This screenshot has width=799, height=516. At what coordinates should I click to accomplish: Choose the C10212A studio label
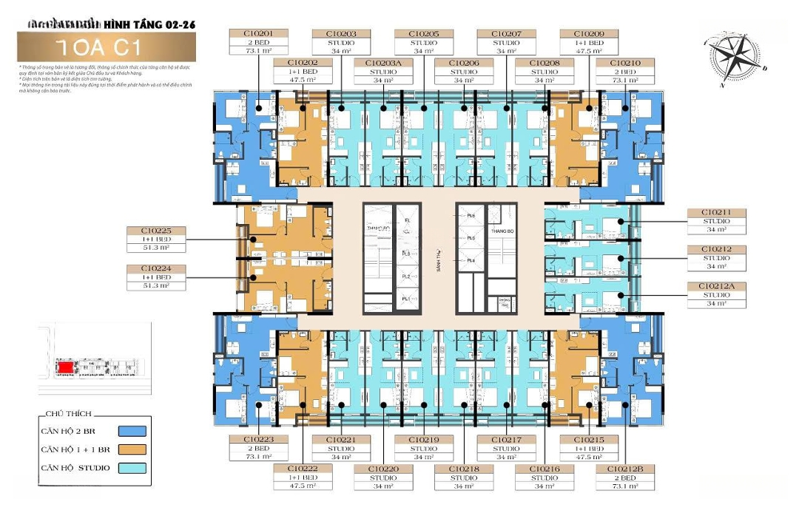pos(716,294)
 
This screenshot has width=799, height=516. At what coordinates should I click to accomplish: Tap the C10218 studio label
pos(464,477)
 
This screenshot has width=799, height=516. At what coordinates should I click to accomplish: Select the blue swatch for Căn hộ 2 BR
pos(132,432)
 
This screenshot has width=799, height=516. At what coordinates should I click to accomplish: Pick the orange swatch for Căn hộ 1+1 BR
pos(132,449)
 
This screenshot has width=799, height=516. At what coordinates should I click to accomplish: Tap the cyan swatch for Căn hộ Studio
pos(132,468)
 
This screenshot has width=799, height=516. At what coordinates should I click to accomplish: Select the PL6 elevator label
pos(471,214)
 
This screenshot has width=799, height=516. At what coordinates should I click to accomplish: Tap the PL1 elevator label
pos(405,299)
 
